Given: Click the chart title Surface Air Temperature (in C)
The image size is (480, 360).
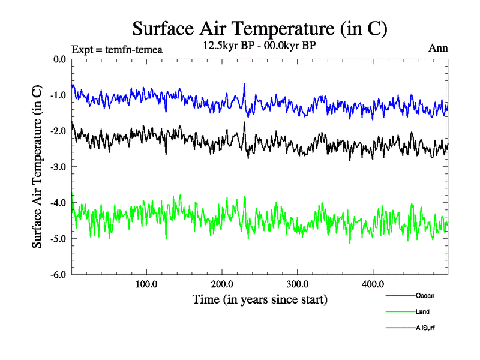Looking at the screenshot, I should click(260, 28).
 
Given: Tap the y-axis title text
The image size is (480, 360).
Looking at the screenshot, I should click(37, 167).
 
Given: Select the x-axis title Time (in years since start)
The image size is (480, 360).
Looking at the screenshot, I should click(260, 298).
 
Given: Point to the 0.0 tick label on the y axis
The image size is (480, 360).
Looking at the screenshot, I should click(59, 59).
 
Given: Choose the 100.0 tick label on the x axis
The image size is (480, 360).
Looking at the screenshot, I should click(147, 284).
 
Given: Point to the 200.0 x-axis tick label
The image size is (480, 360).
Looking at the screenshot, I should click(223, 284).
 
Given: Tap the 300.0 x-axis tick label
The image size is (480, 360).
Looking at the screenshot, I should click(298, 284).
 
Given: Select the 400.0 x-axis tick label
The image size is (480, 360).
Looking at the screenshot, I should click(373, 284).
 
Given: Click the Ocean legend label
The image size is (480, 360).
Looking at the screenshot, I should click(425, 296).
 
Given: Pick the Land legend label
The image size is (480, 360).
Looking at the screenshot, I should click(422, 312).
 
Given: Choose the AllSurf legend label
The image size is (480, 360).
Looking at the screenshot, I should click(425, 328).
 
